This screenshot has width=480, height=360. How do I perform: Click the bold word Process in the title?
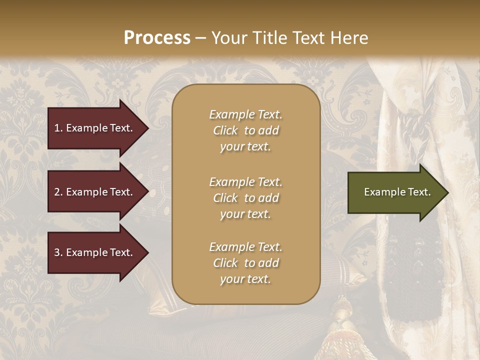(x=157, y=38)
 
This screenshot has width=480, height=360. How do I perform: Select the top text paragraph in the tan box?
(x=245, y=130)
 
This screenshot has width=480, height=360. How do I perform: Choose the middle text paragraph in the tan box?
(x=245, y=198)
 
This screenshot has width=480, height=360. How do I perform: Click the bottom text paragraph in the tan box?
(x=245, y=263)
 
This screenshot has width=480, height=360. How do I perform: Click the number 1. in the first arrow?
(x=58, y=128)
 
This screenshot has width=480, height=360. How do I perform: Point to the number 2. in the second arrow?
(x=58, y=192)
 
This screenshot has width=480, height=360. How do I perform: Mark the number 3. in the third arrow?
(x=58, y=252)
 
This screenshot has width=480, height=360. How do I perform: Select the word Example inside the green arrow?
(x=381, y=192)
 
